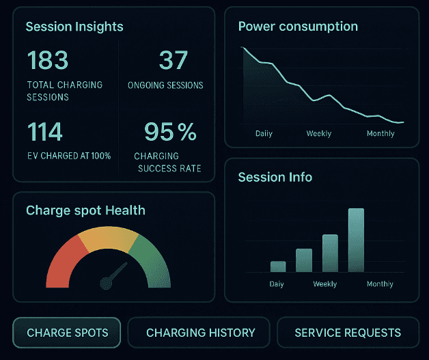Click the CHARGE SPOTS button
click(x=67, y=333)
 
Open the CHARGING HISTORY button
click(x=200, y=333)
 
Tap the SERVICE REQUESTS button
click(x=348, y=333)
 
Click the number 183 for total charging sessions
click(x=48, y=60)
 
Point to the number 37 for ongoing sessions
click(x=173, y=60)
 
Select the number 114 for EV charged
click(x=45, y=131)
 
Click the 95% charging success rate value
click(x=170, y=131)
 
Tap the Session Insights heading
click(x=74, y=27)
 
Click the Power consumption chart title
click(x=298, y=27)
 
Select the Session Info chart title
click(x=275, y=177)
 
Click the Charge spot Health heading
click(x=85, y=210)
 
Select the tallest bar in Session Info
click(x=356, y=240)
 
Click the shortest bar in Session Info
click(x=278, y=266)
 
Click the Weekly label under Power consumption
click(x=318, y=133)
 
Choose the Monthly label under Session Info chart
click(x=380, y=283)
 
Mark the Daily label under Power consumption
click(x=264, y=133)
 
